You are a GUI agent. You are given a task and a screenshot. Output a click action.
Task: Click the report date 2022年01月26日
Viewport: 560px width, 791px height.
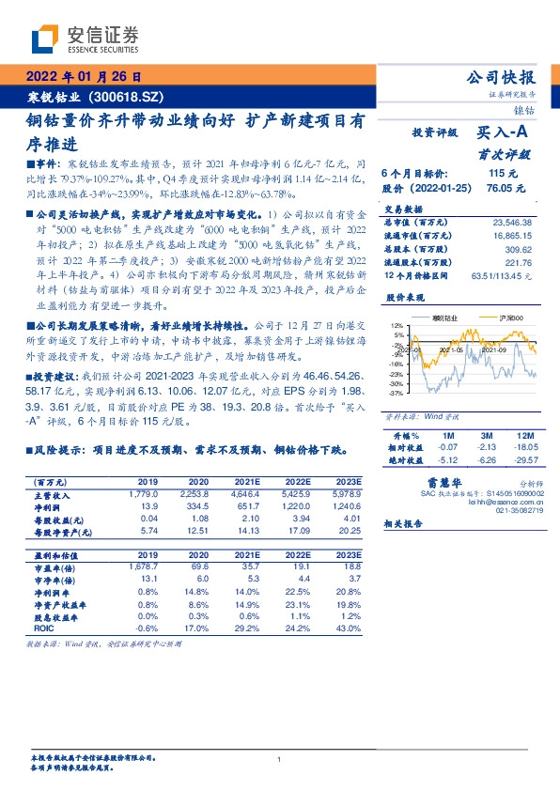82,77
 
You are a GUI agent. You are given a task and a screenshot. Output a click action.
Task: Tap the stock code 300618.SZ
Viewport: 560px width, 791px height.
125,97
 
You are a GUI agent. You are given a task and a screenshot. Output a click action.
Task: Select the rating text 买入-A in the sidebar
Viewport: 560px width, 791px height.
505,134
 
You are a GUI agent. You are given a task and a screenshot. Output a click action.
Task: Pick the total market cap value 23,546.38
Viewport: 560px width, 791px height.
512,222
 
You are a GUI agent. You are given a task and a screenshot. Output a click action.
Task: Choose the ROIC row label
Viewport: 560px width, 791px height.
32,628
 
